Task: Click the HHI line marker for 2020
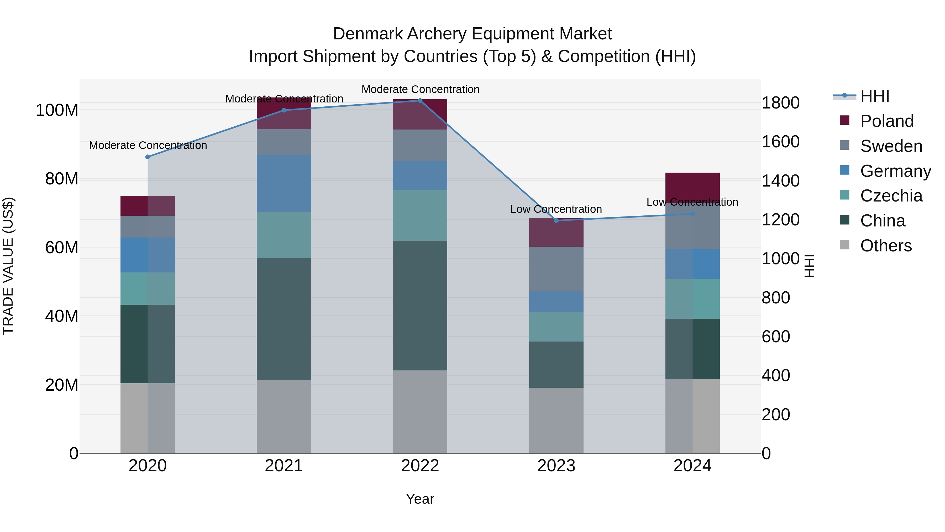pos(148,157)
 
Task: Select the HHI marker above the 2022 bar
pos(420,100)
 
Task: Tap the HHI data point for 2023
pos(556,220)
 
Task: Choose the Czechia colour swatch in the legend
pos(844,195)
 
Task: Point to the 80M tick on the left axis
pos(62,179)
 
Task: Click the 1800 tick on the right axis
pos(781,103)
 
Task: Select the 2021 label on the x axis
pos(283,466)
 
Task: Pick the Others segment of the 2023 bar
pos(556,420)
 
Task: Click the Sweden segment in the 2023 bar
pos(556,269)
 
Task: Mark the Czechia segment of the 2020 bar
pos(148,288)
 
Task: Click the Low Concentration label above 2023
pos(556,209)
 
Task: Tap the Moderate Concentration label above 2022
pos(420,89)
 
